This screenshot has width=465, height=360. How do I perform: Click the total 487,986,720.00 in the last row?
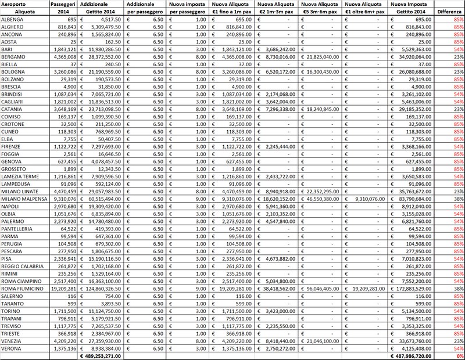pyautogui.click(x=411, y=356)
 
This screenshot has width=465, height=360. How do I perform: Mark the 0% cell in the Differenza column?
pyautogui.click(x=459, y=356)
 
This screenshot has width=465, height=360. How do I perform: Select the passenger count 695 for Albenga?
pyautogui.click(x=69, y=19)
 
